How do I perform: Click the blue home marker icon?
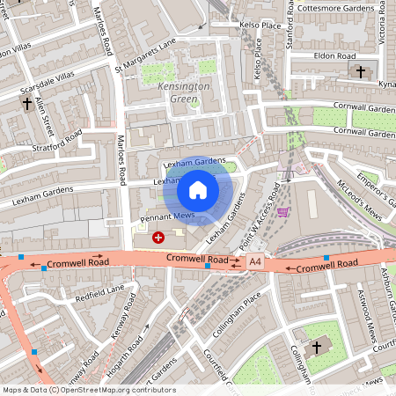coord(198,190)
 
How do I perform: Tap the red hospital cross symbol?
coord(158,237)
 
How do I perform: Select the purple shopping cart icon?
coord(282,211)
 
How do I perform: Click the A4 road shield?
coord(255,261)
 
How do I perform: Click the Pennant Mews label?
coord(165,216)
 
